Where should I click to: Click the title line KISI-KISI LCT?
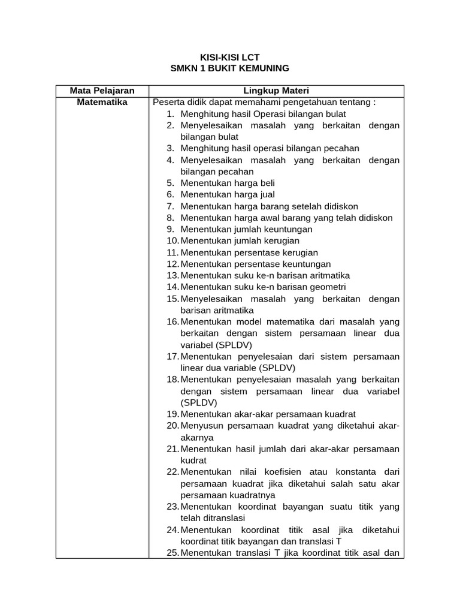point(230,58)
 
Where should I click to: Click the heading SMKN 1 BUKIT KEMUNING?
point(230,69)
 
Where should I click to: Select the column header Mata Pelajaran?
point(102,91)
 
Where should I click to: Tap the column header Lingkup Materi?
point(276,91)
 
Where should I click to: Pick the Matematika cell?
point(102,102)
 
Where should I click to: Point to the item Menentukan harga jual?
point(228,194)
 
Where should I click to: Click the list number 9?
point(170,229)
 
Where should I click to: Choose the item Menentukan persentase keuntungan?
point(255,264)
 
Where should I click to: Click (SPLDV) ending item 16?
point(216,345)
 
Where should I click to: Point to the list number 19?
point(172,414)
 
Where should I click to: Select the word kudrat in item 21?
point(193,460)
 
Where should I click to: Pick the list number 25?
point(172,553)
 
